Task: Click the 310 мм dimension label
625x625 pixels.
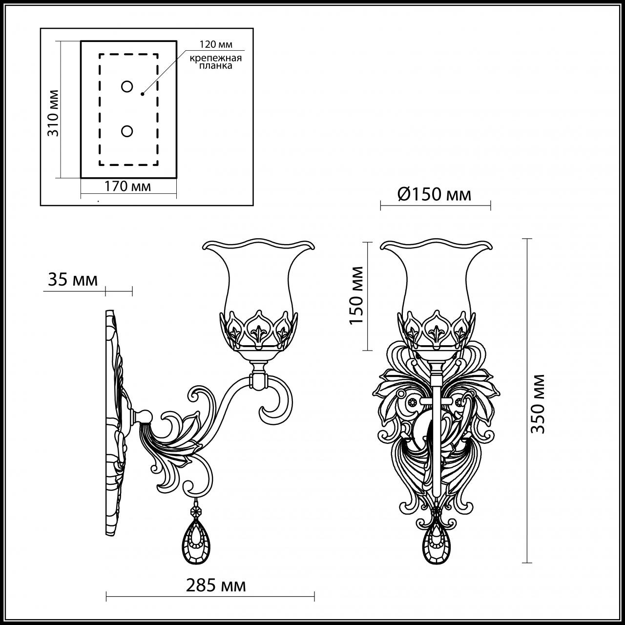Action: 53,113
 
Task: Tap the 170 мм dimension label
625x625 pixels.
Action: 128,186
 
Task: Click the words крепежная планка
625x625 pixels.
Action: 216,62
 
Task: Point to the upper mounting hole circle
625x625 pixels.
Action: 127,87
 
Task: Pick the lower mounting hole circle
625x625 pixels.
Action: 127,131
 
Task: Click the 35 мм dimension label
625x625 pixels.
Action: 73,280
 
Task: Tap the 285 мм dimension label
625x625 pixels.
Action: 216,585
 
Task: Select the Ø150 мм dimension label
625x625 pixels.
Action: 435,194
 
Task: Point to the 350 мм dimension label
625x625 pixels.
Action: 538,403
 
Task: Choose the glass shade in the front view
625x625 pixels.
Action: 436,283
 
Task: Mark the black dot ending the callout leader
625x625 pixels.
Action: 142,94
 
